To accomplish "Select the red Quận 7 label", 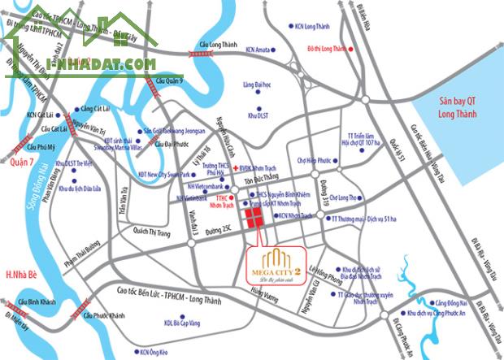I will click(22, 160).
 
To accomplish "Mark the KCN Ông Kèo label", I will click(153, 352).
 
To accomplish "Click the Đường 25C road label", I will click(219, 232).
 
